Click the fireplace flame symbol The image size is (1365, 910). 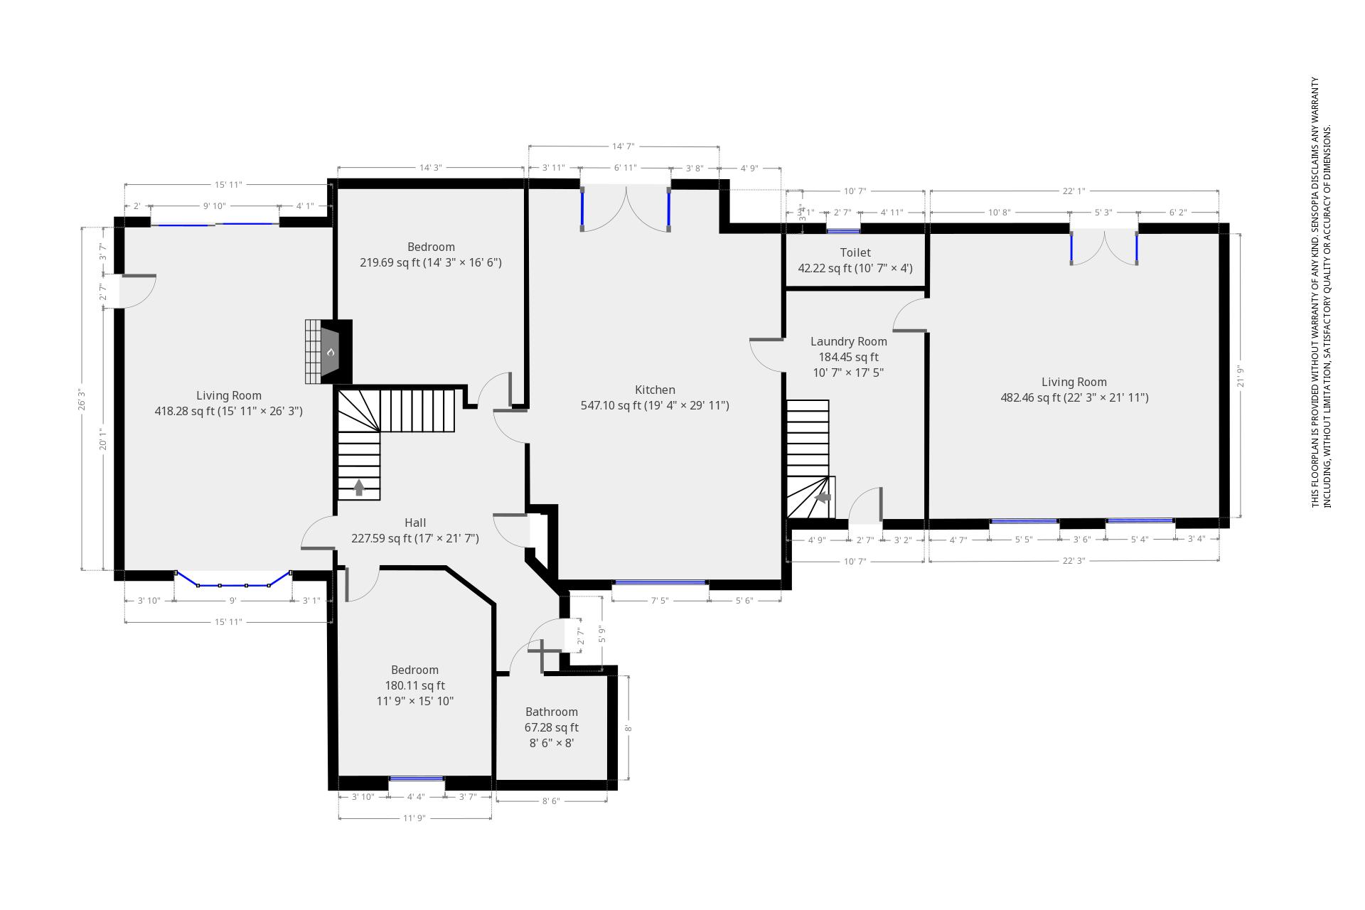(x=331, y=352)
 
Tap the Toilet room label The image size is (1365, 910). (x=855, y=252)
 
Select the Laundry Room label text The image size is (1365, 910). (x=848, y=341)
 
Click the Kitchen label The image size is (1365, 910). (x=655, y=390)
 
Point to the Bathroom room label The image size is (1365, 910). (x=551, y=712)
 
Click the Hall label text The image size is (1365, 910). (x=415, y=523)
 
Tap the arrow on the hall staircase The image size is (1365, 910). (x=359, y=488)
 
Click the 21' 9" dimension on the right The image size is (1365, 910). (x=1239, y=375)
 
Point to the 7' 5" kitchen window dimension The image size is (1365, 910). (x=659, y=601)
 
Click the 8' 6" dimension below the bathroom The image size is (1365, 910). (x=551, y=801)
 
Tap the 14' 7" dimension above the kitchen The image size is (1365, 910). (x=623, y=146)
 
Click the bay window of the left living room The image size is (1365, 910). (x=232, y=583)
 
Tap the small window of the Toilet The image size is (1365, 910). (x=842, y=230)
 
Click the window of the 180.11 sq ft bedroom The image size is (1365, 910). (x=416, y=779)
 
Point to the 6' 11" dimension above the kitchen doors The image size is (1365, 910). (x=625, y=168)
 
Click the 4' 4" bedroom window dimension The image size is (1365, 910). (x=416, y=797)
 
